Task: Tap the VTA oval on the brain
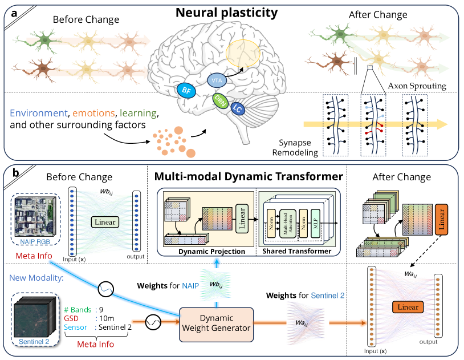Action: (217, 80)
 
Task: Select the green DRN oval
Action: (221, 100)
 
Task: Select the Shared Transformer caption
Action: (295, 250)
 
